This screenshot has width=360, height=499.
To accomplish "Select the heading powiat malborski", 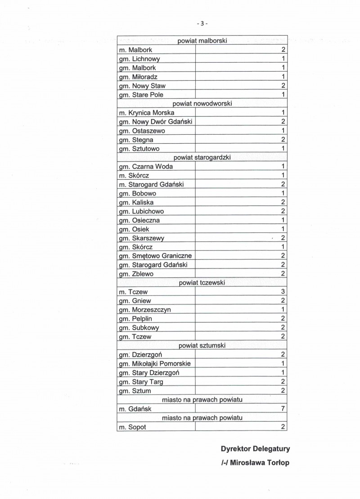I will click(202, 41).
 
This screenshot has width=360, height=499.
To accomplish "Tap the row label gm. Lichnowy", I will click(139, 59).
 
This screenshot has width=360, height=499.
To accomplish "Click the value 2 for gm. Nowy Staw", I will click(283, 86).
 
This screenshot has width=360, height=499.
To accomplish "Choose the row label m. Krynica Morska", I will click(146, 113).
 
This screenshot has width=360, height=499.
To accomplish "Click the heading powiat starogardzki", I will click(202, 158).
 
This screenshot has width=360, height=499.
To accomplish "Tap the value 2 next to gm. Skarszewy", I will click(283, 238).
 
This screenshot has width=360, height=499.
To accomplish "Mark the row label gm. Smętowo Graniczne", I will click(155, 256).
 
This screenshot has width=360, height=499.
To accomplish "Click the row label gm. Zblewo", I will click(136, 274).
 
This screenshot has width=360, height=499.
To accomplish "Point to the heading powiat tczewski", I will click(202, 283).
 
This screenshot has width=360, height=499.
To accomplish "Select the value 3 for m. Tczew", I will click(283, 292).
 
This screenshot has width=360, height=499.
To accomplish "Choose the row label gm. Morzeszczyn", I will click(144, 310).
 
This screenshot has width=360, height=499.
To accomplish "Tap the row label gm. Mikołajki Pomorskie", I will click(154, 363).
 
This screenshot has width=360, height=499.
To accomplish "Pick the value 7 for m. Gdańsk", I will click(283, 409).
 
